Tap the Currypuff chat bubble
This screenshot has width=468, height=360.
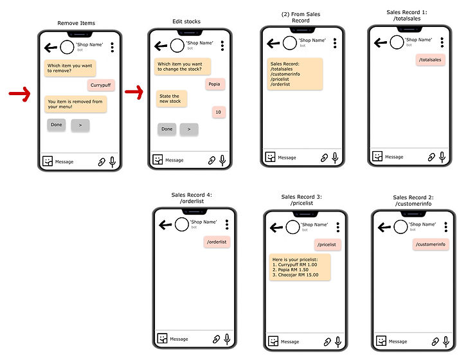101,85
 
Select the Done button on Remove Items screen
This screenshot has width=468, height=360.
57,125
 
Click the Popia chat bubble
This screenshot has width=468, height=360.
215,84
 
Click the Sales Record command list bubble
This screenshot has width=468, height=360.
294,74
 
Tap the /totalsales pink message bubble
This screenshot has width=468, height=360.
430,60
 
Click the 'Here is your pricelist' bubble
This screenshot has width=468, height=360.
300,267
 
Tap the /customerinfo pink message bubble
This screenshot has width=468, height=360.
430,244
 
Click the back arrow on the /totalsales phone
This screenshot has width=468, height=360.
381,42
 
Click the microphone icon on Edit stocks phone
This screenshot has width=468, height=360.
222,159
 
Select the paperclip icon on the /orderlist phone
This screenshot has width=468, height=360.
217,339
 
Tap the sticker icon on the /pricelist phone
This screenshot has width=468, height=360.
273,341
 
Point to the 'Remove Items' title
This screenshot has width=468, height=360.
76,23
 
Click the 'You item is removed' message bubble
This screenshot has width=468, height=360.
75,104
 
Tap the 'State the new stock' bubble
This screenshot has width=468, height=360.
170,98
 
